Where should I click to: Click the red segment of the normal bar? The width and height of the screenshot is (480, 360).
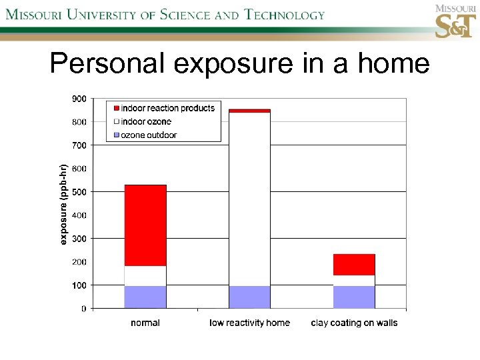145,225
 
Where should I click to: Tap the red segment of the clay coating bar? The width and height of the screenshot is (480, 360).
354,265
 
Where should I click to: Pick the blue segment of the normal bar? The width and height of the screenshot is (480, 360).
145,297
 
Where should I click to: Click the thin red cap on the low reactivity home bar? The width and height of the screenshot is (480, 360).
250,111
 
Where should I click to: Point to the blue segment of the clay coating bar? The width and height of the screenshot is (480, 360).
354,297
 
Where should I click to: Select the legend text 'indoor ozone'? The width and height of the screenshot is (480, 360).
146,121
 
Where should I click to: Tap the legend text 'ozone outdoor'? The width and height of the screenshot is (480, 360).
149,135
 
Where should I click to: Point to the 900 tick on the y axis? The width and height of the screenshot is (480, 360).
79,99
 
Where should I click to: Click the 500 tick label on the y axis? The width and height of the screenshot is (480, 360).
79,192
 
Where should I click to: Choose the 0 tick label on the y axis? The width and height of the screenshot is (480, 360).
83,309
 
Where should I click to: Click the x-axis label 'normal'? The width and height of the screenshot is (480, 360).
145,323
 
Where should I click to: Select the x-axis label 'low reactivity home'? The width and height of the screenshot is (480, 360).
250,323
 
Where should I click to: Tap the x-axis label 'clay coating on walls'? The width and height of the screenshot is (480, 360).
354,323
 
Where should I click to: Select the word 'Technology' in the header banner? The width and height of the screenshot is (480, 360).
284,15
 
